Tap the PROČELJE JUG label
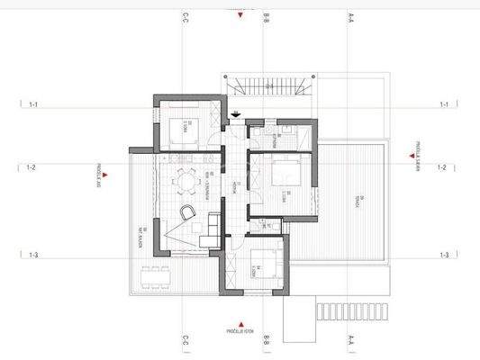[x=97, y=173]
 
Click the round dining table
[x=187, y=179]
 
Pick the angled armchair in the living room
[x=186, y=212]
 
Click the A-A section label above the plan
[x=349, y=16]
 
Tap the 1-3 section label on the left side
[x=32, y=256]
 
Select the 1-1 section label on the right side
[x=443, y=104]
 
